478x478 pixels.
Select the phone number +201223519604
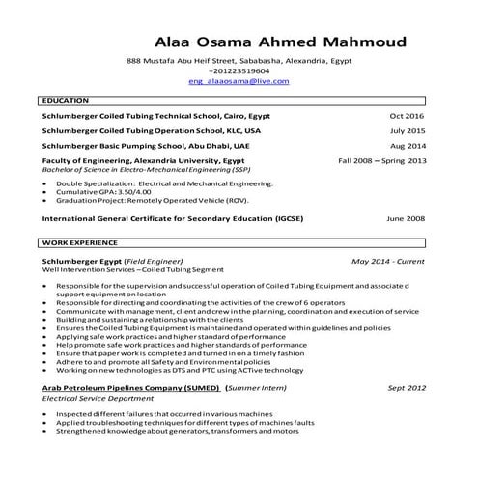[x=239, y=70]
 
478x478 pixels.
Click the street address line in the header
[x=239, y=60]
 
